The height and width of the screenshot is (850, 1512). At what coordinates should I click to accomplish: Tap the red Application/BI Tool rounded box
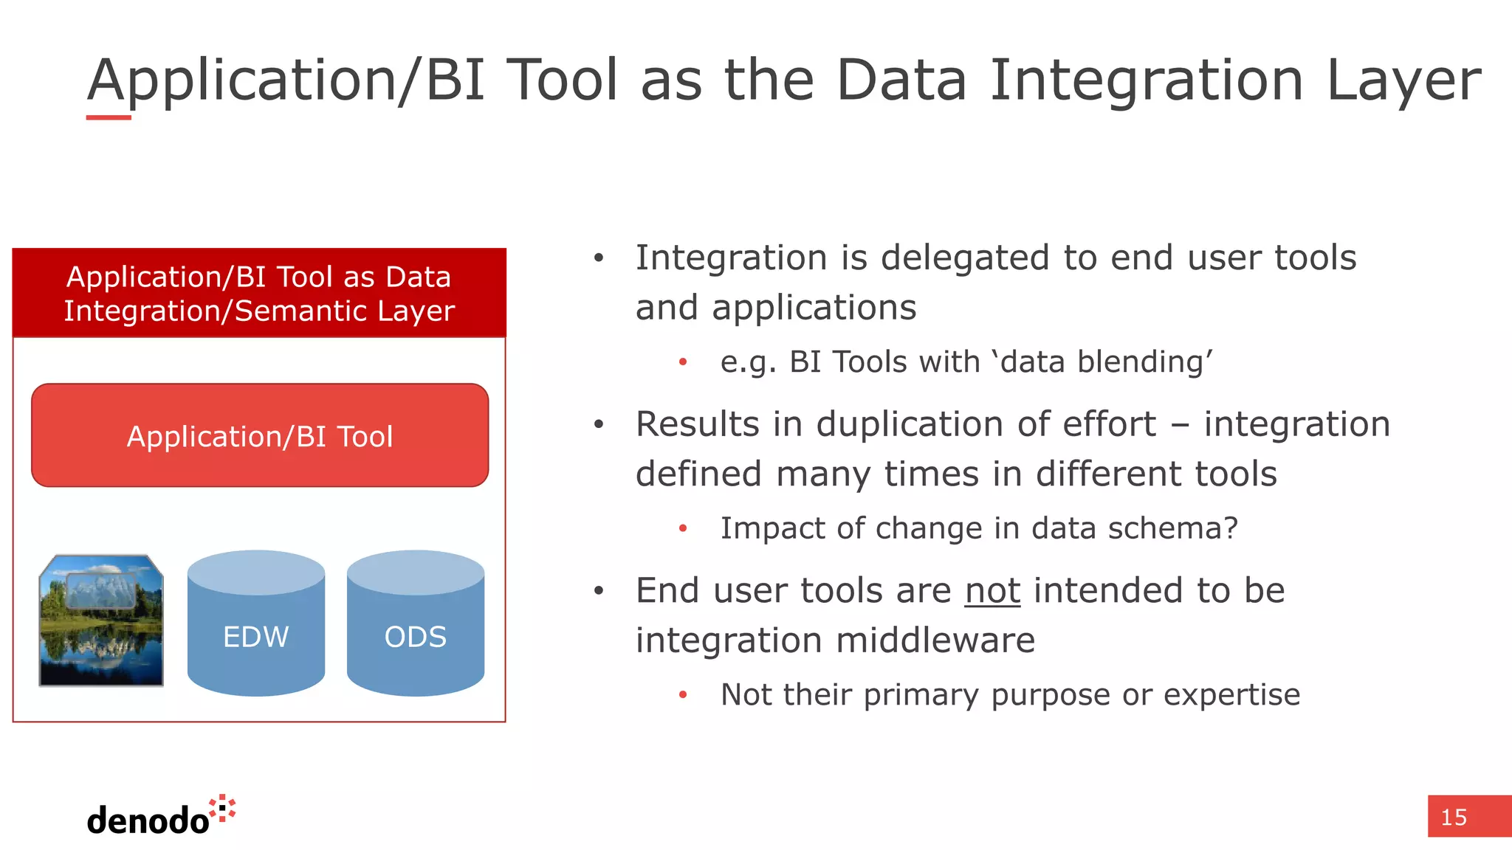[260, 435]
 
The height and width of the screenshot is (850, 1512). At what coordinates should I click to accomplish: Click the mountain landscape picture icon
[101, 621]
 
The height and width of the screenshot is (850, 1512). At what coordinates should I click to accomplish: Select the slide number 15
[1454, 817]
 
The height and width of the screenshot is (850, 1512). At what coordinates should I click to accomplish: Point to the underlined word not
[992, 590]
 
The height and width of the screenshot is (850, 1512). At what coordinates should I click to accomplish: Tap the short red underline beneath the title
[109, 117]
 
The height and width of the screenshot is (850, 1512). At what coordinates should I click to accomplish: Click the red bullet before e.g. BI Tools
[683, 362]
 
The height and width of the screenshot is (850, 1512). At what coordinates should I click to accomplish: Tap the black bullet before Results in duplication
[599, 425]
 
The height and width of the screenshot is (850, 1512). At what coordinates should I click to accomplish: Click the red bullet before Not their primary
[683, 695]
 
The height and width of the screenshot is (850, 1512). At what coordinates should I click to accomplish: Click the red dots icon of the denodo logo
[222, 809]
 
